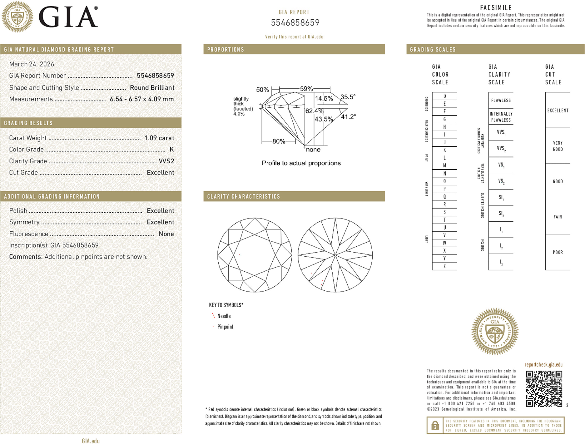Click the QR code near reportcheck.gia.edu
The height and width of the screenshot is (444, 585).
pos(544,389)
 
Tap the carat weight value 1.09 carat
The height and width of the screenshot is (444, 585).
pos(159,138)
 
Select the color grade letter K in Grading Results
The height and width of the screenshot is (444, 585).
pos(171,150)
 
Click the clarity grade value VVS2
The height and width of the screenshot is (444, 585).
pos(166,161)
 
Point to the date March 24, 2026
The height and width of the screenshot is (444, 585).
pos(32,64)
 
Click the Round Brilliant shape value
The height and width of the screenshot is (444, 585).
pos(152,88)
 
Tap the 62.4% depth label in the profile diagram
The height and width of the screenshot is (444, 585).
pos(314,111)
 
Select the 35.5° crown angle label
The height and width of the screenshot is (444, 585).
pos(348,97)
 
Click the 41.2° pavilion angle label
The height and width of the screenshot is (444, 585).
pos(348,117)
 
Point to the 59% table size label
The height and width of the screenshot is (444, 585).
pos(306,89)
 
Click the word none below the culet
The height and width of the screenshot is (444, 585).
pos(313,150)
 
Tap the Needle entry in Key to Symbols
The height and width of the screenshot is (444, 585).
pos(224,316)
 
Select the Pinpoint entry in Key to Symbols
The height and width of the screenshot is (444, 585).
pos(225,327)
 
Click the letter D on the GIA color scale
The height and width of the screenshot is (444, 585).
pos(444,96)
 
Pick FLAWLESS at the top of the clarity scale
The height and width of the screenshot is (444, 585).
pos(501,101)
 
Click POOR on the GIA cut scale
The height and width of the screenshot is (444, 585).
pos(558,252)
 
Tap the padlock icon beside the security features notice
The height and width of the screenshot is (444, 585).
pos(435,425)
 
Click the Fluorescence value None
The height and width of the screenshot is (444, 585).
pos(166,234)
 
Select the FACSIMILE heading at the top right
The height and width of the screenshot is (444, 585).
pos(496,8)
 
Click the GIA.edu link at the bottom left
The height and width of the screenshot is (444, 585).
pos(91,441)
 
